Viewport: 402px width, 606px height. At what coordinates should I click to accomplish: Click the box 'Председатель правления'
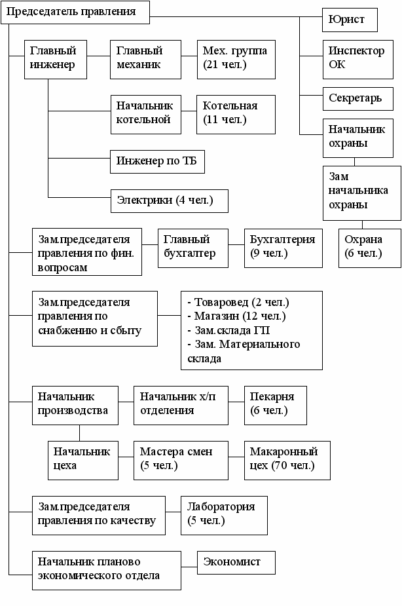[x=75, y=12]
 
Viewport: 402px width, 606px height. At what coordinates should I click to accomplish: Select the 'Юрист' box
[x=350, y=20]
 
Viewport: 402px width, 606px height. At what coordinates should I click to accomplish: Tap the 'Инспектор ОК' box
[x=358, y=60]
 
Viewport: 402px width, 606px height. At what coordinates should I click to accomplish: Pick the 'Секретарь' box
[x=358, y=98]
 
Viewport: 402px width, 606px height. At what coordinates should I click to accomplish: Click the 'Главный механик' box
[x=145, y=60]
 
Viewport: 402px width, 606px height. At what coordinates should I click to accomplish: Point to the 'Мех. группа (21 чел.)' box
[x=236, y=60]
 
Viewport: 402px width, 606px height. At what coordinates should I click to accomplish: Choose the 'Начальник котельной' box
[x=146, y=115]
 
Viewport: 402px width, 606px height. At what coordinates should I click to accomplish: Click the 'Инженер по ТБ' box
[x=158, y=162]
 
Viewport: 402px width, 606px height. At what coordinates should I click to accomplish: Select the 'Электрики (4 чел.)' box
[x=170, y=201]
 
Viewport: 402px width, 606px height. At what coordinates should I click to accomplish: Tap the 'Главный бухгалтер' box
[x=193, y=248]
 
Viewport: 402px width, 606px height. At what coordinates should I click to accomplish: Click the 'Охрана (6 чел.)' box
[x=370, y=248]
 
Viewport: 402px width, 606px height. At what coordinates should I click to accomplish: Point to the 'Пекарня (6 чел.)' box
[x=276, y=406]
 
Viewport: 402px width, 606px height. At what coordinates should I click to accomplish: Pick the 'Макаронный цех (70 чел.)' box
[x=287, y=461]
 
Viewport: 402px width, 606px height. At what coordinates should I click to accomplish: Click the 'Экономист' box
[x=236, y=563]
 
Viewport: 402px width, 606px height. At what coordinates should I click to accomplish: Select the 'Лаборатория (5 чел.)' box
[x=225, y=516]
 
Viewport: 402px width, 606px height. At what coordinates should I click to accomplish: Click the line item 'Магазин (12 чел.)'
[x=237, y=316]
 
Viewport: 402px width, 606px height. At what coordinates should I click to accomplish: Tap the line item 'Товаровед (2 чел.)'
[x=238, y=302]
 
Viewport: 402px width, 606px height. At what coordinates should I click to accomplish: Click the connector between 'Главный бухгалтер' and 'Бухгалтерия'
[x=236, y=244]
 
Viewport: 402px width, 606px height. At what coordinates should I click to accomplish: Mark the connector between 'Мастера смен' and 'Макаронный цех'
[x=236, y=457]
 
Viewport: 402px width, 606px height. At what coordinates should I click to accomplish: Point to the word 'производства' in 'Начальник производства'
[x=73, y=410]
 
